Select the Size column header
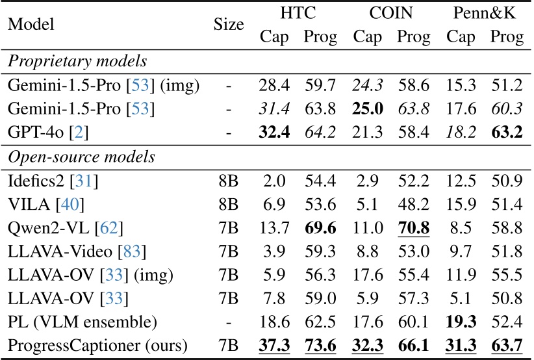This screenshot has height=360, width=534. point(228,25)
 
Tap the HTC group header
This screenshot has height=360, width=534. point(298,13)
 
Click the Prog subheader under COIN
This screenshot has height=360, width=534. point(413,37)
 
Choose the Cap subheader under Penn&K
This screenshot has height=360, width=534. point(461,37)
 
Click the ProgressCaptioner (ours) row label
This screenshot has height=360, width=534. point(97,344)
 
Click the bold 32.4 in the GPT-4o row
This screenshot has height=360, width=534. point(274,133)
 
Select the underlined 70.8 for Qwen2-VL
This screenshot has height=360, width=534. point(413,227)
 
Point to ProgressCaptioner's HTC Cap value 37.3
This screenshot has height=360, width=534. point(274,344)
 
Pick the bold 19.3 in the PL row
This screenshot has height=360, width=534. point(461,321)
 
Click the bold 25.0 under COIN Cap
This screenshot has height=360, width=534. point(367,110)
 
